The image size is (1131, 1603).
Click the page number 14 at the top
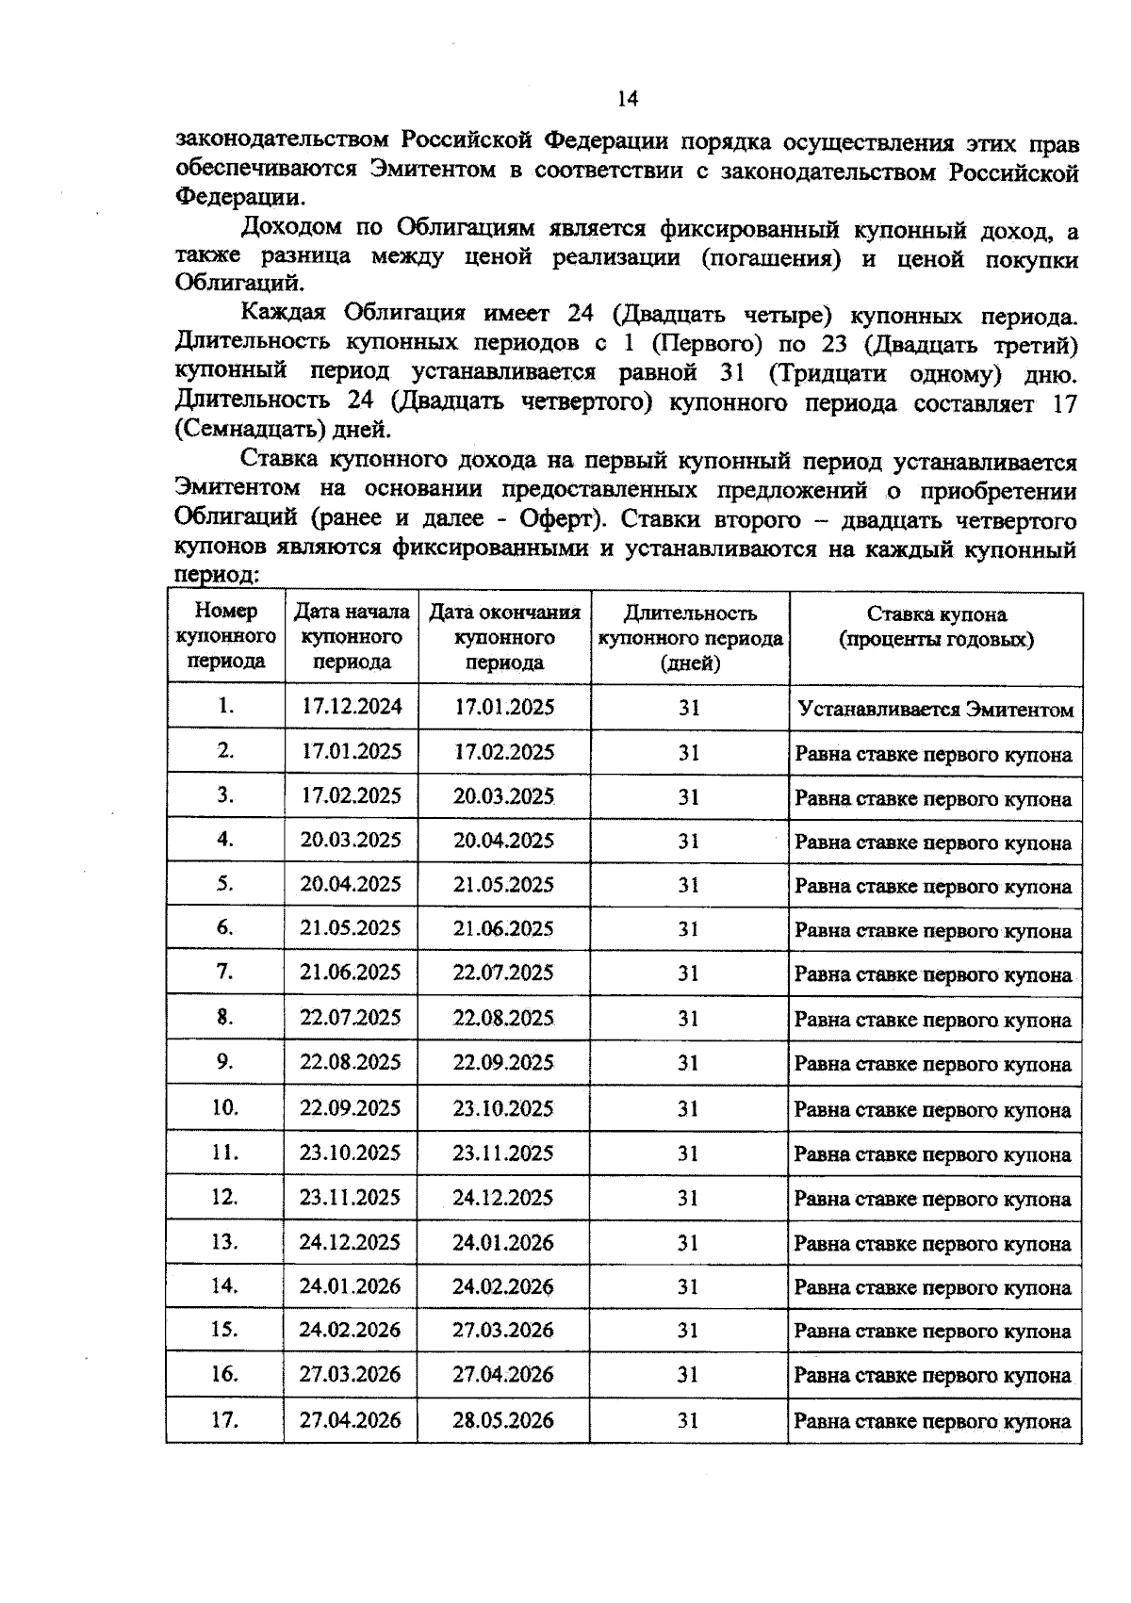click(x=628, y=99)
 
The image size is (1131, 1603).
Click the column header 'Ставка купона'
click(x=936, y=627)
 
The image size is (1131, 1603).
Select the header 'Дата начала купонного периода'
click(x=352, y=637)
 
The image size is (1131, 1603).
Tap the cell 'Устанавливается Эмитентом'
click(x=935, y=710)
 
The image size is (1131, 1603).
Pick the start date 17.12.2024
click(x=352, y=707)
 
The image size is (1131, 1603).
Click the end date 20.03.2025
click(x=503, y=796)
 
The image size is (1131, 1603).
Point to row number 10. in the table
click(x=224, y=1107)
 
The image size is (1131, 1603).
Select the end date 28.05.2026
click(x=503, y=1420)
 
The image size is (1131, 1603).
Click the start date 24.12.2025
click(x=351, y=1242)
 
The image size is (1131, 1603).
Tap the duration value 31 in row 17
click(x=688, y=1420)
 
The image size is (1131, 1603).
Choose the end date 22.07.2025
click(x=503, y=973)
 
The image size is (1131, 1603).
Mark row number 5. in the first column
click(x=224, y=884)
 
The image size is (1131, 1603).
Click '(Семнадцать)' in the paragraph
click(x=238, y=431)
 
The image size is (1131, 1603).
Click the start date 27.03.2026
click(x=351, y=1375)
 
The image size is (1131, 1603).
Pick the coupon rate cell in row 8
click(x=933, y=1020)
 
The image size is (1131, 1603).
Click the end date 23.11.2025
click(x=503, y=1153)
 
